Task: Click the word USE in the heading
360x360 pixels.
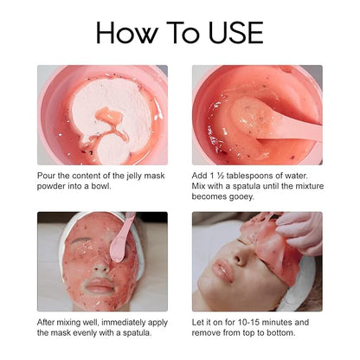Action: (235, 32)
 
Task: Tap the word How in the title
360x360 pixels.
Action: (127, 32)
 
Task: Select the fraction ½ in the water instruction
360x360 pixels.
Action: (217, 176)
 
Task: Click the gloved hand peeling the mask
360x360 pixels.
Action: (300, 232)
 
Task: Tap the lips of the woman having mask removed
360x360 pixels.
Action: (222, 270)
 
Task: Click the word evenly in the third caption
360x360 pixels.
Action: (85, 333)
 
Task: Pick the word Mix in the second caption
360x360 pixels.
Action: (198, 186)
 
